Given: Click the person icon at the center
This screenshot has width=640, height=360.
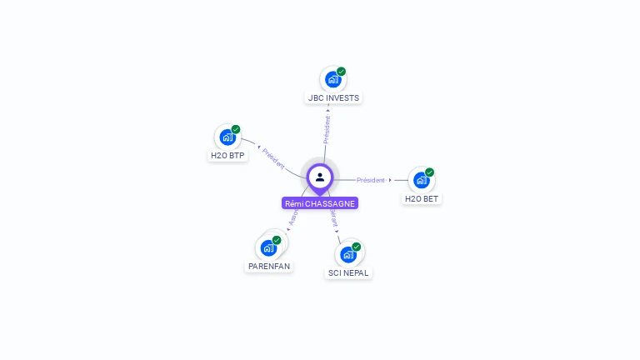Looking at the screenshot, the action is [320, 177].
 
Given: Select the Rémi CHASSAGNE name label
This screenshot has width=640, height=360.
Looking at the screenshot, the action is [320, 203].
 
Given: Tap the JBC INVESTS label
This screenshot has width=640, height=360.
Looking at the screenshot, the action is [333, 97].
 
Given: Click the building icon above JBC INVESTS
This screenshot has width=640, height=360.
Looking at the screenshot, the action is [332, 80].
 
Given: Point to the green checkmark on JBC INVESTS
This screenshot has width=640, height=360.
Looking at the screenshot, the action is [341, 72].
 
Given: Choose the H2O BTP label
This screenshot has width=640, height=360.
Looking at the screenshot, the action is [228, 155].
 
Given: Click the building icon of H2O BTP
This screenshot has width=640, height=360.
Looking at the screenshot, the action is [227, 137].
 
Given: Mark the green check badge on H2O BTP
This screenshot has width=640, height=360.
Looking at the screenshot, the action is [236, 129].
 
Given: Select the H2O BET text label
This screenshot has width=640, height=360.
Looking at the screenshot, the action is [422, 198].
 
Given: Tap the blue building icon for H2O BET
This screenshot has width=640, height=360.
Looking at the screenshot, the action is [421, 180].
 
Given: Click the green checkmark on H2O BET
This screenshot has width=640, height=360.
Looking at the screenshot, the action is [429, 172].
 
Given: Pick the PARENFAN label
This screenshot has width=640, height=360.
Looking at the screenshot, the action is [270, 267].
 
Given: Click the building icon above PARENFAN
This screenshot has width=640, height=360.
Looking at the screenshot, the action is [268, 247].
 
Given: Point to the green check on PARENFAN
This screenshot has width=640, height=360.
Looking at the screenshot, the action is [277, 240].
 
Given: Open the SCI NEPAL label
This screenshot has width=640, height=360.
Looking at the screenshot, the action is [348, 272].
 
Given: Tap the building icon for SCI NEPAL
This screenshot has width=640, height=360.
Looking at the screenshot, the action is [348, 254].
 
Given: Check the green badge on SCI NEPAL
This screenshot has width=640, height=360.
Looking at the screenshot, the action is [357, 247].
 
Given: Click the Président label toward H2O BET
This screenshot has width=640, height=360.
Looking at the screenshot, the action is [371, 180].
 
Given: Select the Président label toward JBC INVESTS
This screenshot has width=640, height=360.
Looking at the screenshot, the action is [327, 130].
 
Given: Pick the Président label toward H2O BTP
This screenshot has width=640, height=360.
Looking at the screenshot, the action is [273, 159].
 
